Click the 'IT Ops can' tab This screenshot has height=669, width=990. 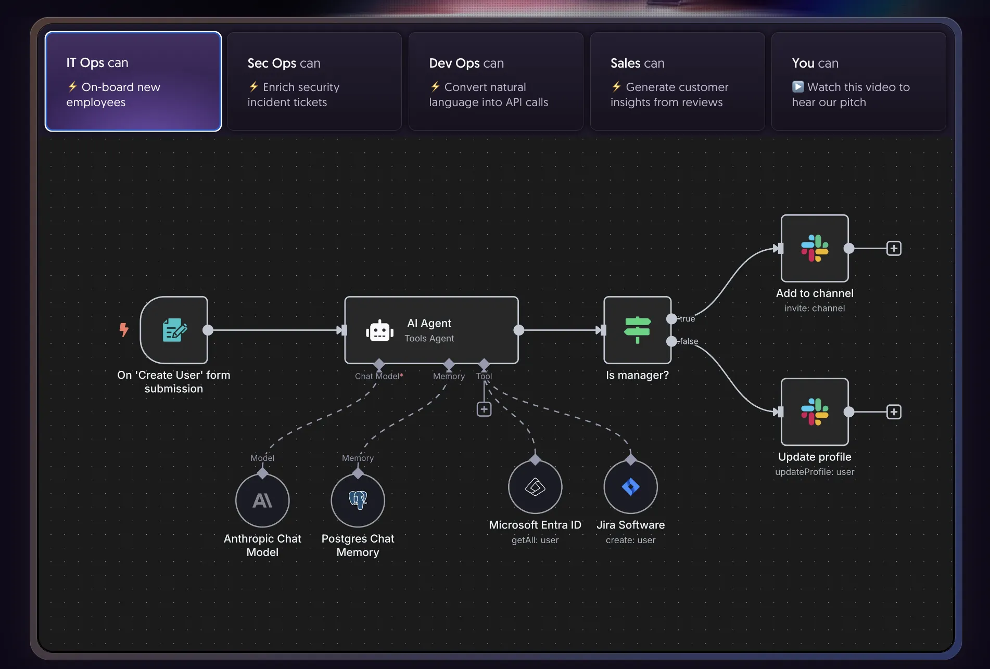pyautogui.click(x=133, y=81)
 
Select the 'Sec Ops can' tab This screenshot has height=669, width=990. pyautogui.click(x=314, y=81)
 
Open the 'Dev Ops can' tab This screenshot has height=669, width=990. pyautogui.click(x=496, y=81)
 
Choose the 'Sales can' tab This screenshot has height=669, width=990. pyautogui.click(x=677, y=81)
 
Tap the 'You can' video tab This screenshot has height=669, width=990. pyautogui.click(x=858, y=81)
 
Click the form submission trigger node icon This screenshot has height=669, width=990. pyautogui.click(x=174, y=330)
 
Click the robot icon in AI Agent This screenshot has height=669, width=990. pyautogui.click(x=379, y=330)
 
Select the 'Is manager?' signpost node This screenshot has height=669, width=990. pyautogui.click(x=637, y=330)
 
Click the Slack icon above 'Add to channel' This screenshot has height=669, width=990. pyautogui.click(x=815, y=248)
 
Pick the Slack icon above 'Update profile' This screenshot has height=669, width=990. pyautogui.click(x=815, y=411)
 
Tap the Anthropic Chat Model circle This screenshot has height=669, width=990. pyautogui.click(x=262, y=500)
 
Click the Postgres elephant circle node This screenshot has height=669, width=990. pyautogui.click(x=358, y=500)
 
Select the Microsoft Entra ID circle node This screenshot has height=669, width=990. pyautogui.click(x=535, y=487)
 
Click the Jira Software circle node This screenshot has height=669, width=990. pyautogui.click(x=630, y=487)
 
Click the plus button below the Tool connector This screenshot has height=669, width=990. pyautogui.click(x=484, y=409)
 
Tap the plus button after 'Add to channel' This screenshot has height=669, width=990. pyautogui.click(x=894, y=248)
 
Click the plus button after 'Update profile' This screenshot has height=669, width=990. pyautogui.click(x=894, y=412)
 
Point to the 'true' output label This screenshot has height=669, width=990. pyautogui.click(x=687, y=318)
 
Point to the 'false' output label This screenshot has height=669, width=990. pyautogui.click(x=689, y=341)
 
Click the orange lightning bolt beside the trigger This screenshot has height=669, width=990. pyautogui.click(x=123, y=329)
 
